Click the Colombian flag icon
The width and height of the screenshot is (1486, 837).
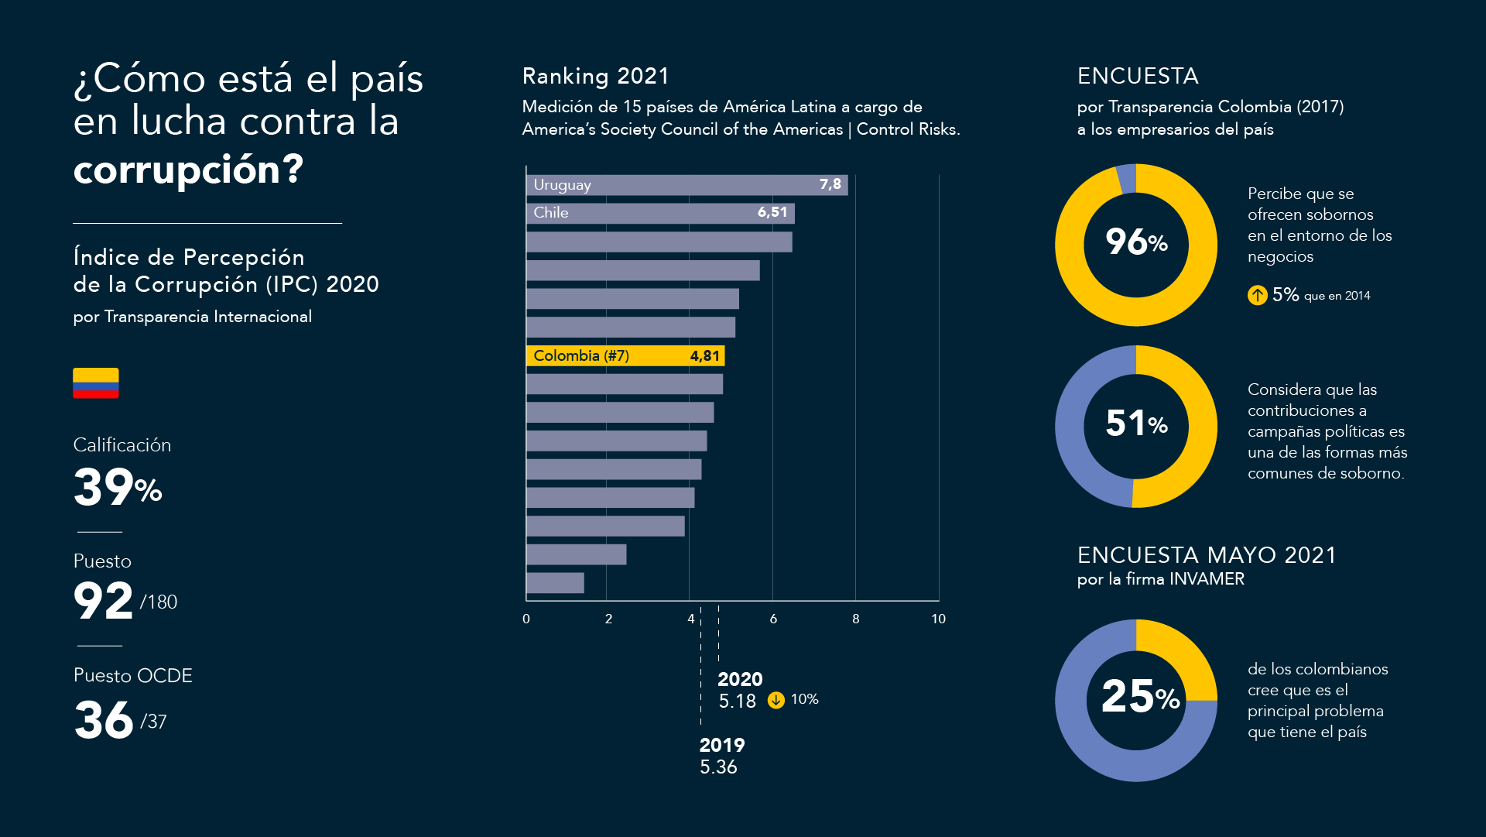pyautogui.click(x=96, y=382)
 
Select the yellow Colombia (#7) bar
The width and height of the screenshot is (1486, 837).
pyautogui.click(x=625, y=355)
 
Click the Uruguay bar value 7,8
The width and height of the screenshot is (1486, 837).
pyautogui.click(x=830, y=184)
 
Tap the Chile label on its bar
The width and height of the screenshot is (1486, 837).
pyautogui.click(x=551, y=213)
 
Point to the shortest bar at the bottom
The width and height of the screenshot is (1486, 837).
pyautogui.click(x=555, y=583)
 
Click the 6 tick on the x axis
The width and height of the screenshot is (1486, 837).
pyautogui.click(x=773, y=619)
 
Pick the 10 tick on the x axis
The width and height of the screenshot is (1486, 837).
pyautogui.click(x=938, y=619)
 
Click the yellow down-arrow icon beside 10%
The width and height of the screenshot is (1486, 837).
pyautogui.click(x=776, y=700)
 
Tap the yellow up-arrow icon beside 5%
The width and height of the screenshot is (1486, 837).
pyautogui.click(x=1258, y=295)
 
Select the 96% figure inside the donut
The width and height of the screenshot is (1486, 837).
pyautogui.click(x=1136, y=242)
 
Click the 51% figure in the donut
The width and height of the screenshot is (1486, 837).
pyautogui.click(x=1136, y=424)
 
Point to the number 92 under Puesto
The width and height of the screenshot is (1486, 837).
pyautogui.click(x=103, y=601)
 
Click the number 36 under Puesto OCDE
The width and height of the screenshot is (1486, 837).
pyautogui.click(x=104, y=720)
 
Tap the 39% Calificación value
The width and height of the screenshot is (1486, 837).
pyautogui.click(x=118, y=487)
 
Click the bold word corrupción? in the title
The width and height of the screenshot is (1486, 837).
pyautogui.click(x=189, y=170)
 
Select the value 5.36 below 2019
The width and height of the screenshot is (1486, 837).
pyautogui.click(x=718, y=767)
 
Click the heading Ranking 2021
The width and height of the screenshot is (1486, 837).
pyautogui.click(x=596, y=76)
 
